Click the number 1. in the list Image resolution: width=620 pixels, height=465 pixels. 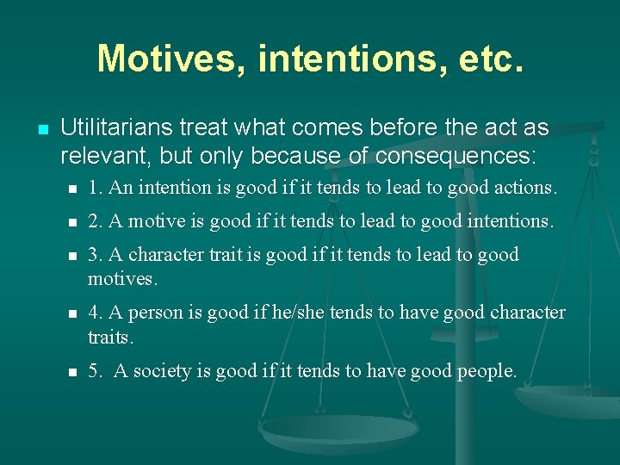pyautogui.click(x=96, y=187)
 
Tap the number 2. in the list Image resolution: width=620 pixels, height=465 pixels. pyautogui.click(x=96, y=221)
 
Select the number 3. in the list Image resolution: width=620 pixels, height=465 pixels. pyautogui.click(x=96, y=255)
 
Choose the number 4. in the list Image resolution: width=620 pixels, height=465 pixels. pyautogui.click(x=96, y=312)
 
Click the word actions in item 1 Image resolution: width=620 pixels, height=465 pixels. pyautogui.click(x=526, y=187)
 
